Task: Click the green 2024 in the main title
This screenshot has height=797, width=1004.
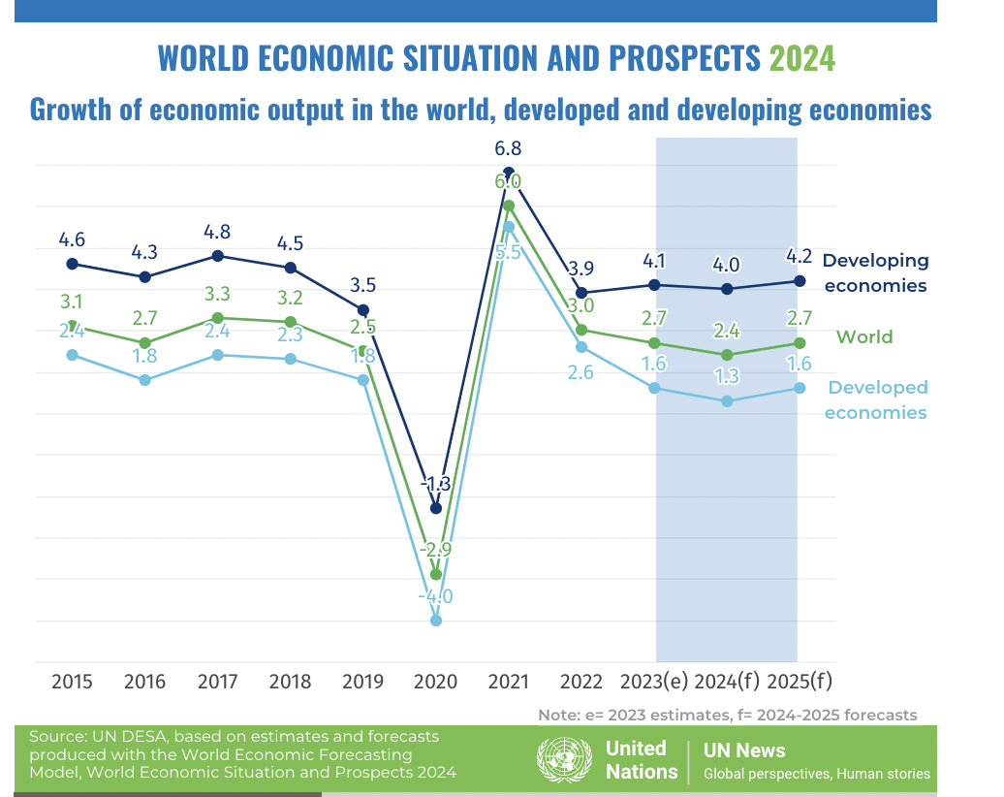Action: click(x=801, y=58)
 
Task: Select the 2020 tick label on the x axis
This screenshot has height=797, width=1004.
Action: click(x=435, y=682)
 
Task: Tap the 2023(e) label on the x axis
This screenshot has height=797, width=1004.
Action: click(x=653, y=682)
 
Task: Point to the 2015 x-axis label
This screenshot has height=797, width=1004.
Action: click(x=72, y=682)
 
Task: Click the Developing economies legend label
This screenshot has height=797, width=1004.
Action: click(x=875, y=272)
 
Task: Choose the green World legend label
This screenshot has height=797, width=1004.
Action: click(x=864, y=337)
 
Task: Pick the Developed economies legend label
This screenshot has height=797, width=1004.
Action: click(x=877, y=399)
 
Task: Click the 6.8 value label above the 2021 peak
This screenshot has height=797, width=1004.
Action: click(x=508, y=149)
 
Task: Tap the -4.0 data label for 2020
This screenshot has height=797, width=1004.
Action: click(x=435, y=596)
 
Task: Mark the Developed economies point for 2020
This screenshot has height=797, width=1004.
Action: click(x=435, y=621)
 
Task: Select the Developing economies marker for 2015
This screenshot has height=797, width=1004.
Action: click(x=72, y=264)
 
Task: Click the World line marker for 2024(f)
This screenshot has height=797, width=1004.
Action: click(x=727, y=355)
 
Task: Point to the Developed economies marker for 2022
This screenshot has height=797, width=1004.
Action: click(x=581, y=347)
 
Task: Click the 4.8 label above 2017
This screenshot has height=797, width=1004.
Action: click(x=217, y=233)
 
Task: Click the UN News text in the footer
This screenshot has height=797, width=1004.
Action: click(x=744, y=750)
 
